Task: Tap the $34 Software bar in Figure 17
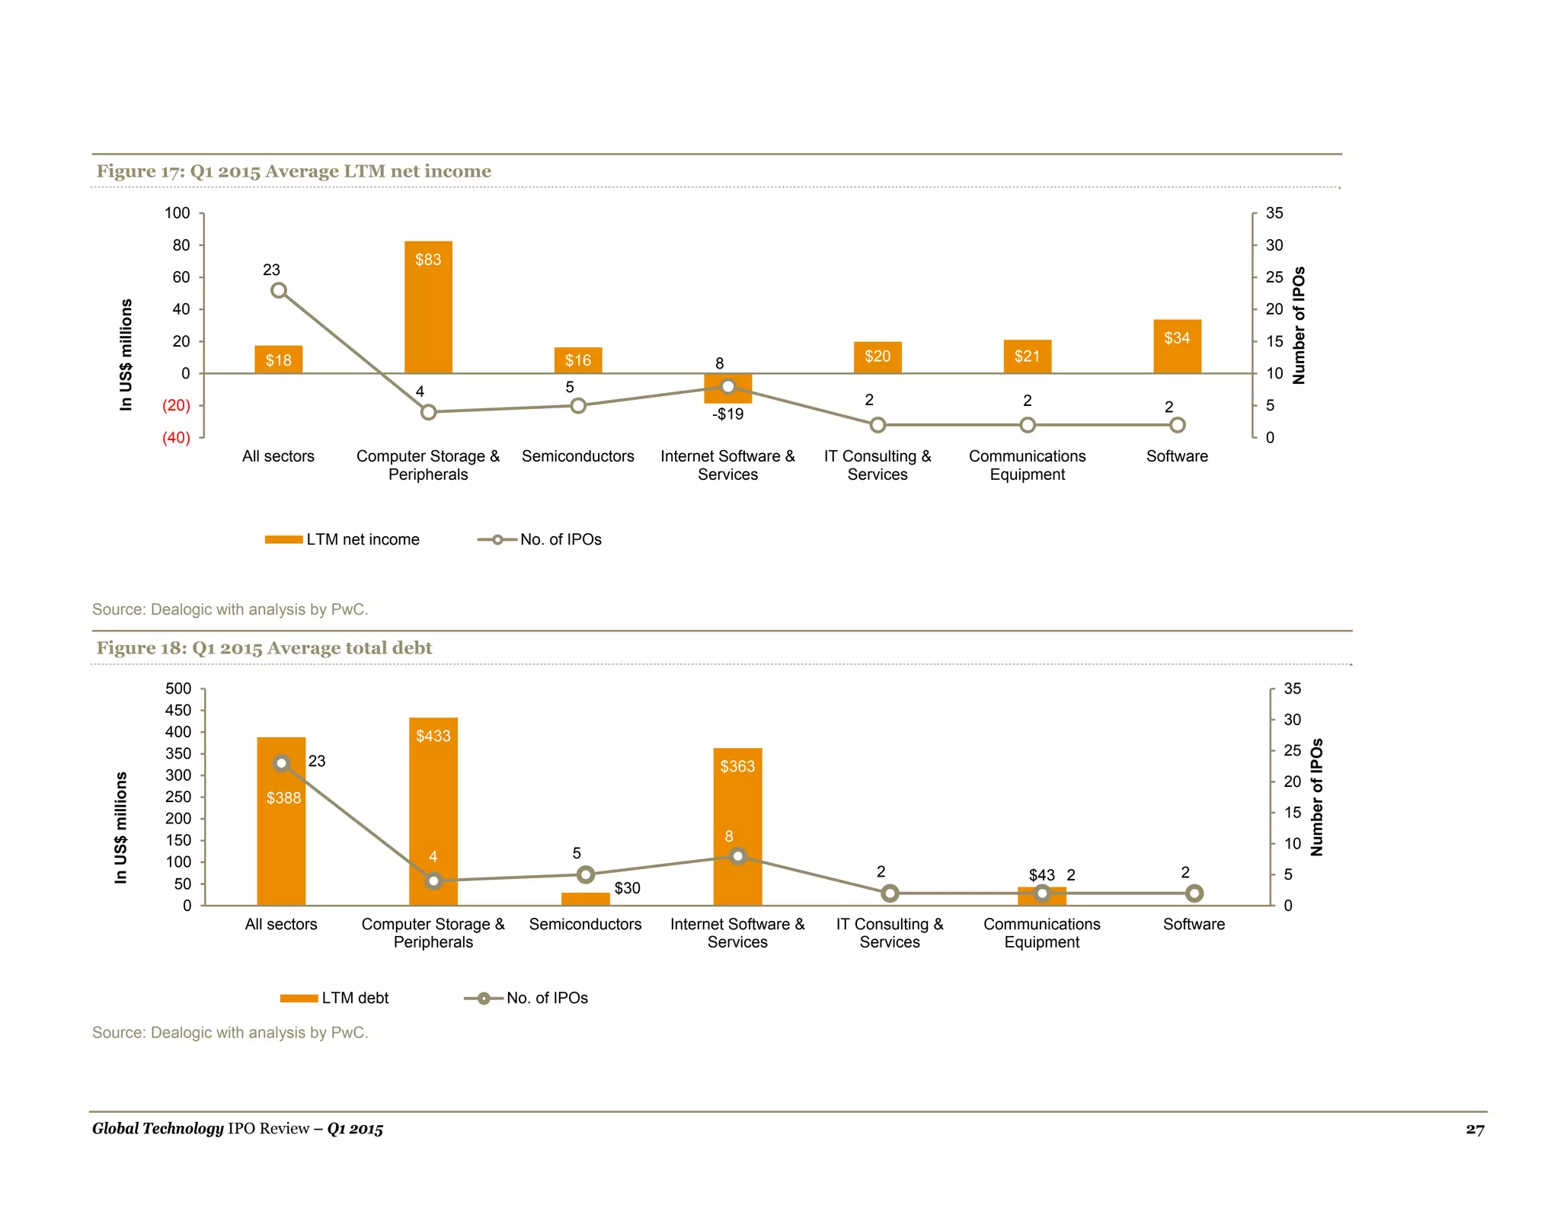1177,347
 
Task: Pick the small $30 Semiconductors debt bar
585,899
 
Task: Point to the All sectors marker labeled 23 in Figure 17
279,291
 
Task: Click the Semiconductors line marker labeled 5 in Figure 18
585,874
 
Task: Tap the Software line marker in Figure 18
1194,893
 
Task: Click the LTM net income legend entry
343,539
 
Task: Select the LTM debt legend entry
335,998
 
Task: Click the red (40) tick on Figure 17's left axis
176,438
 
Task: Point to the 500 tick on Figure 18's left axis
178,689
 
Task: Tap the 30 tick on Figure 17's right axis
1274,245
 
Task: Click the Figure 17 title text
293,171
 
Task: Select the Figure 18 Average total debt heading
264,648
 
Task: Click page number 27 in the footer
1475,1129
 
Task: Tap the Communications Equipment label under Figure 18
1041,933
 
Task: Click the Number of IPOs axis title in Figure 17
1299,325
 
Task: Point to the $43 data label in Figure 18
1041,875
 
